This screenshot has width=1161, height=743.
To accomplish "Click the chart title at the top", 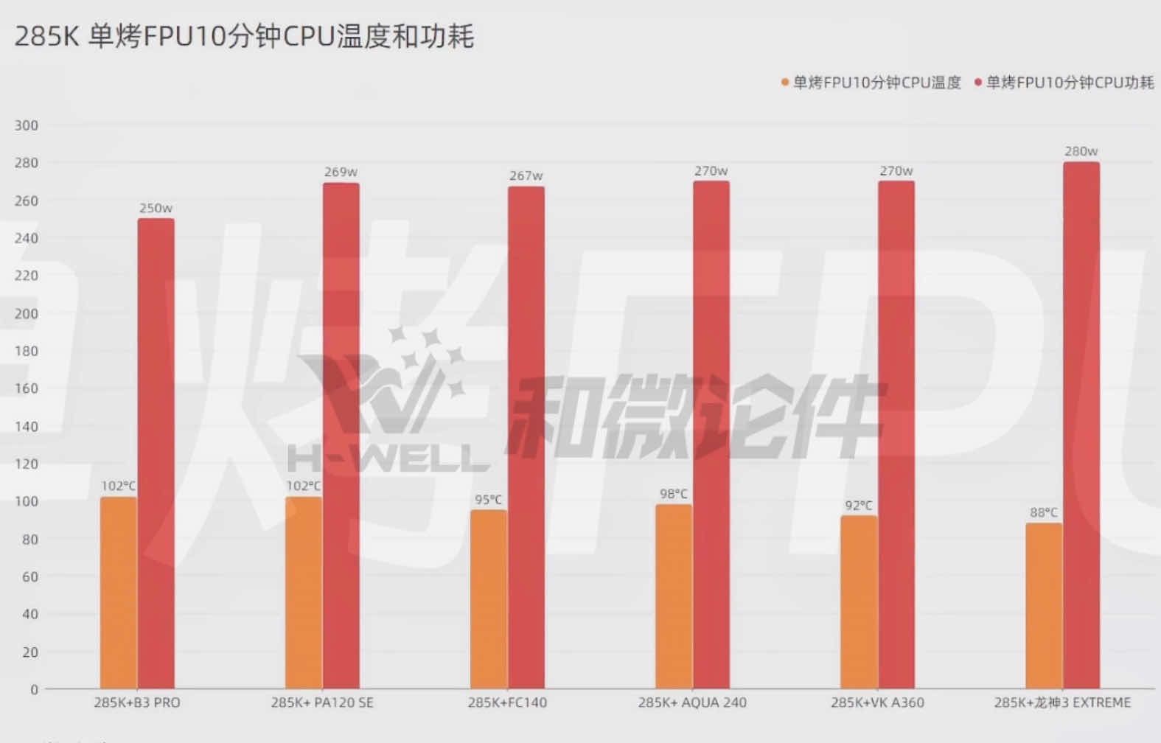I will point(244,36).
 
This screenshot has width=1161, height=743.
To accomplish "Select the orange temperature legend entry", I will point(871,83).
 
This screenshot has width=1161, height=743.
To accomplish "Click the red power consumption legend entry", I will point(1064,83).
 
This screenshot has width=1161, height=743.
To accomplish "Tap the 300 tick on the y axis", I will point(27,125).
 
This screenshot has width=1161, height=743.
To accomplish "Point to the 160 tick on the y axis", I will point(27,388).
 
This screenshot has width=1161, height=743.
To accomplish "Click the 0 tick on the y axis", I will point(34,690).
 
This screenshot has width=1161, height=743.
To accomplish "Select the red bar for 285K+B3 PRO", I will point(156,453).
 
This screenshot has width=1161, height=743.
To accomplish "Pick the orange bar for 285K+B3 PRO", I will point(119,593).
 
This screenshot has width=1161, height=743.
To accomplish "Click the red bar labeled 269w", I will point(341,436).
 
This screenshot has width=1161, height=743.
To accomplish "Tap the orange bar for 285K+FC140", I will point(489,599).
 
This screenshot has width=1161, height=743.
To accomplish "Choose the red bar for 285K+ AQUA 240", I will point(711,435).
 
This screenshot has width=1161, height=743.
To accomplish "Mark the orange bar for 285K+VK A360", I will point(859,602).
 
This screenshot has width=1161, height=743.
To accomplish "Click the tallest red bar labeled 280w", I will point(1081,425).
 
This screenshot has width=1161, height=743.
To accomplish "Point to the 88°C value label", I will point(1044,512).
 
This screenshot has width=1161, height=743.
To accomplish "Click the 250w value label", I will point(156,209).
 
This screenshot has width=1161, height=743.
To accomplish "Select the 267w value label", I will point(526,176).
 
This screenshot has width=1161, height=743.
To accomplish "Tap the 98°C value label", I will point(674,494).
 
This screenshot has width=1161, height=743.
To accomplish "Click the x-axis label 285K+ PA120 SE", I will point(322,702).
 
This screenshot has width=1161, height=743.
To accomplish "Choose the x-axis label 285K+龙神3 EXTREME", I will point(1062,702).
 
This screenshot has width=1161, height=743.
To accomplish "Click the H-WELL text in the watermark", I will point(389,458).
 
